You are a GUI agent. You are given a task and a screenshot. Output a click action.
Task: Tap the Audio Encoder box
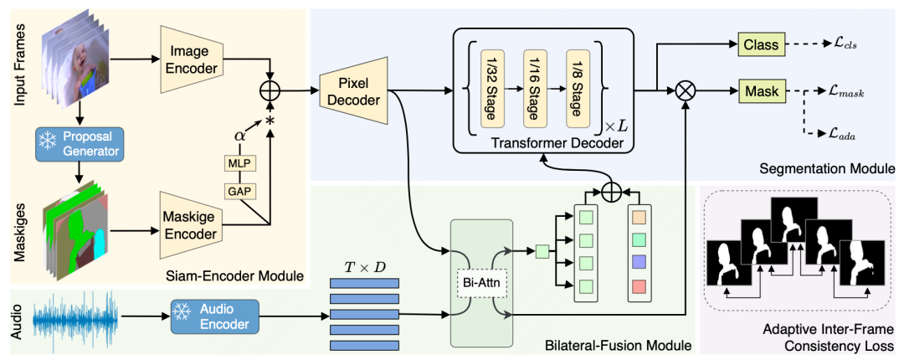[x=213, y=316]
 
